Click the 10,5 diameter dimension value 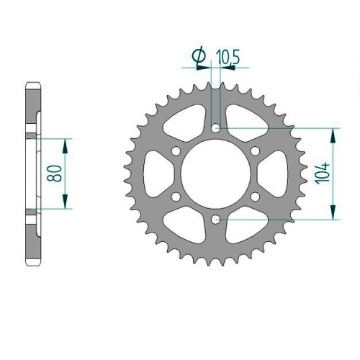pos(228,58)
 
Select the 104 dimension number pos(323,174)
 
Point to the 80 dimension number pos(58,173)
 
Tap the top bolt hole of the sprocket pos(216,128)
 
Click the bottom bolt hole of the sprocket pos(216,219)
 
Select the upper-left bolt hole pos(176,150)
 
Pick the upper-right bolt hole pos(255,150)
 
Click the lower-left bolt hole pos(176,197)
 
